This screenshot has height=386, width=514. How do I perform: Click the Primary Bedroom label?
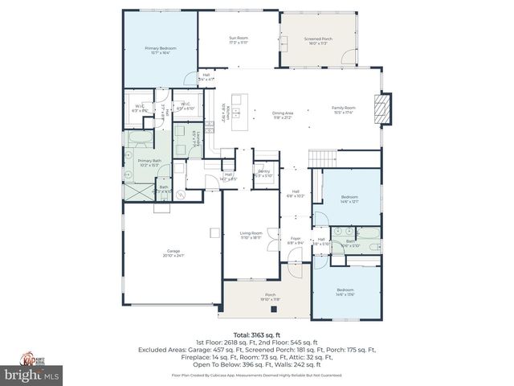tap(161, 50)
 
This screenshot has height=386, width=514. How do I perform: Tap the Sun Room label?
tap(238, 39)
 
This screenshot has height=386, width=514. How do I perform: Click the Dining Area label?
tap(283, 115)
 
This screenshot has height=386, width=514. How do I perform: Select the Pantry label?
tap(263, 173)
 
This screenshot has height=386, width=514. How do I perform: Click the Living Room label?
tap(251, 234)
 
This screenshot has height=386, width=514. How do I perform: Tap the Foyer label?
tap(296, 240)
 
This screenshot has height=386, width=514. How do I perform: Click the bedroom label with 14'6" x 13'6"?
tap(345, 291)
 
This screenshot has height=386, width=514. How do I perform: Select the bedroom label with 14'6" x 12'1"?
tap(349, 198)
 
